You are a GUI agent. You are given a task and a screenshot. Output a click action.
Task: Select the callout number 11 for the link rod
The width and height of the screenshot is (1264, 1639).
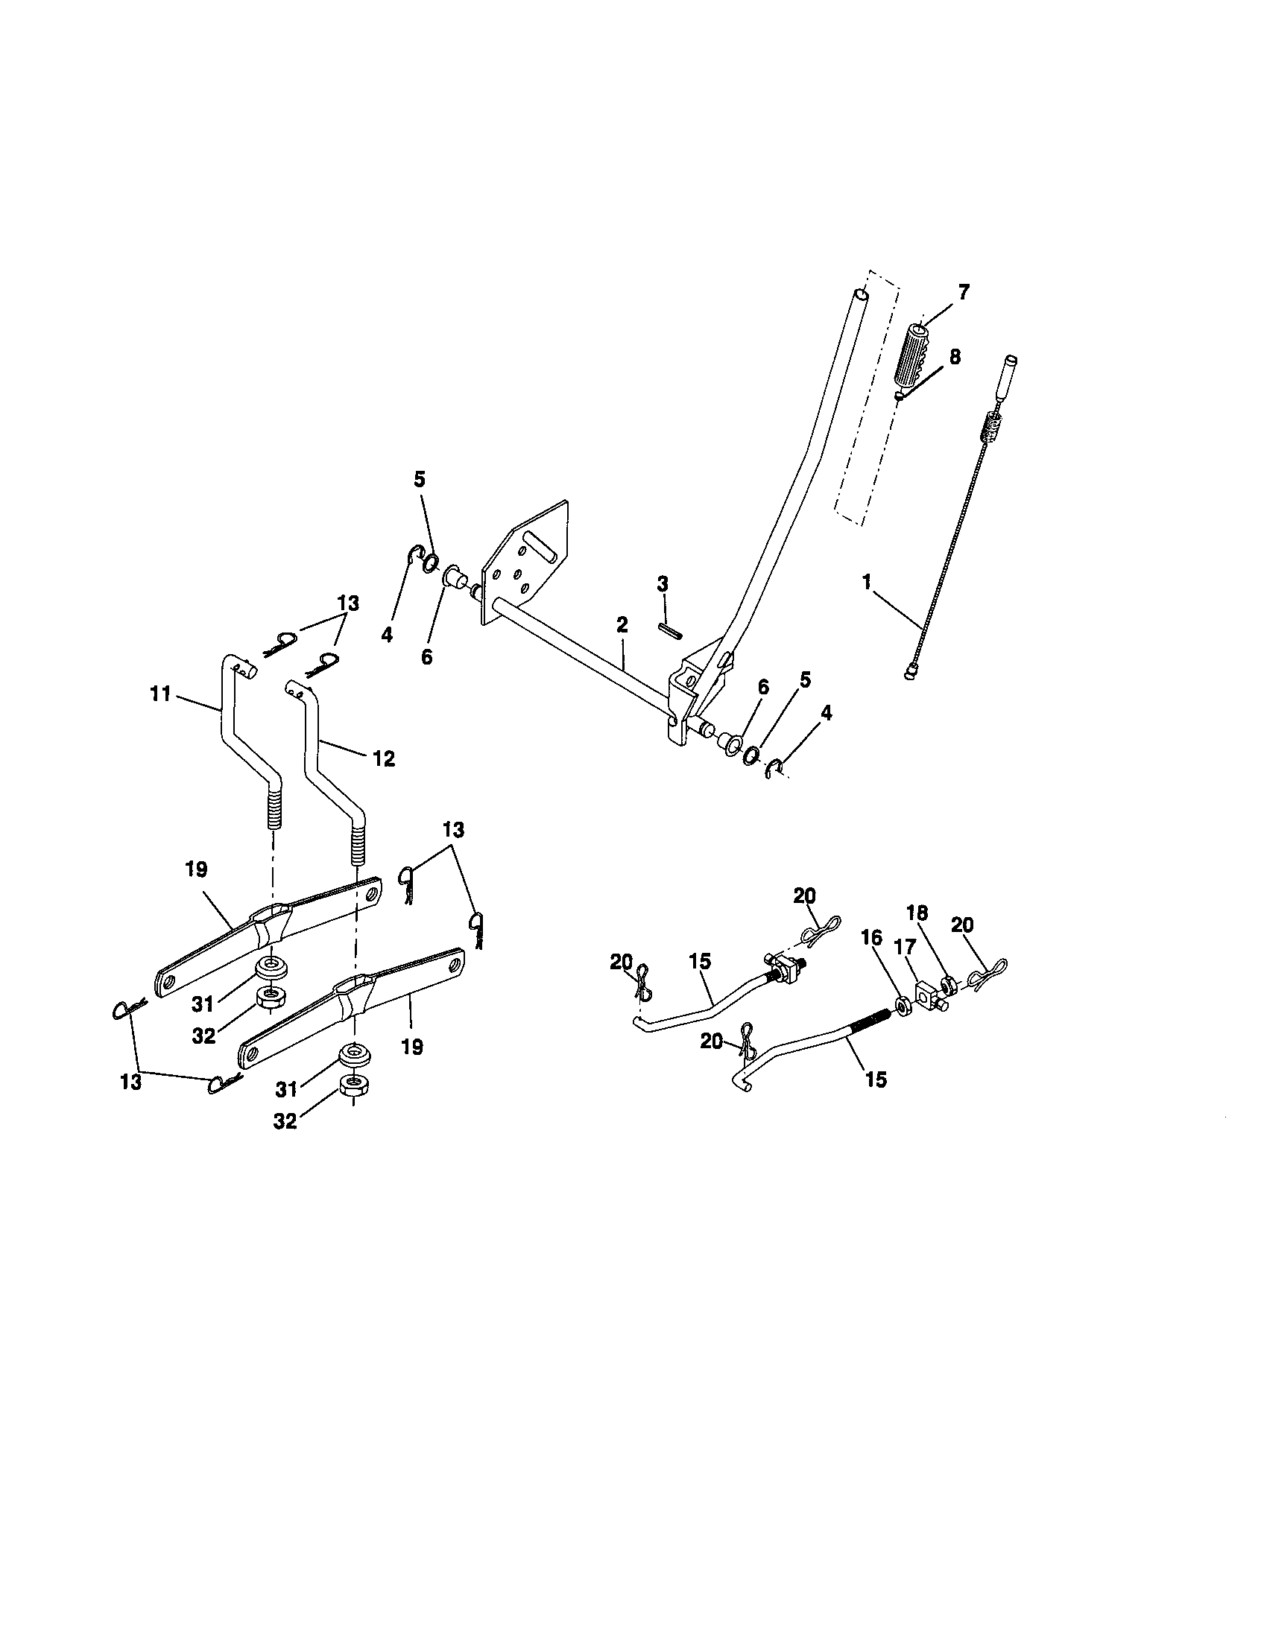[161, 694]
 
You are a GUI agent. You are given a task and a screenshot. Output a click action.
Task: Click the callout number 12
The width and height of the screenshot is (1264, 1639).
[384, 758]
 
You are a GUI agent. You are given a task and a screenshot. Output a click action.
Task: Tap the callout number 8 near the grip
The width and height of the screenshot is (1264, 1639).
[954, 356]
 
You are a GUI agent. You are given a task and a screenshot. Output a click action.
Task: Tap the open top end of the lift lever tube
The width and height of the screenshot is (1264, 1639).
[862, 297]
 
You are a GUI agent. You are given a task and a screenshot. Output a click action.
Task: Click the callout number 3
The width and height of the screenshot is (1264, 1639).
[662, 583]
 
